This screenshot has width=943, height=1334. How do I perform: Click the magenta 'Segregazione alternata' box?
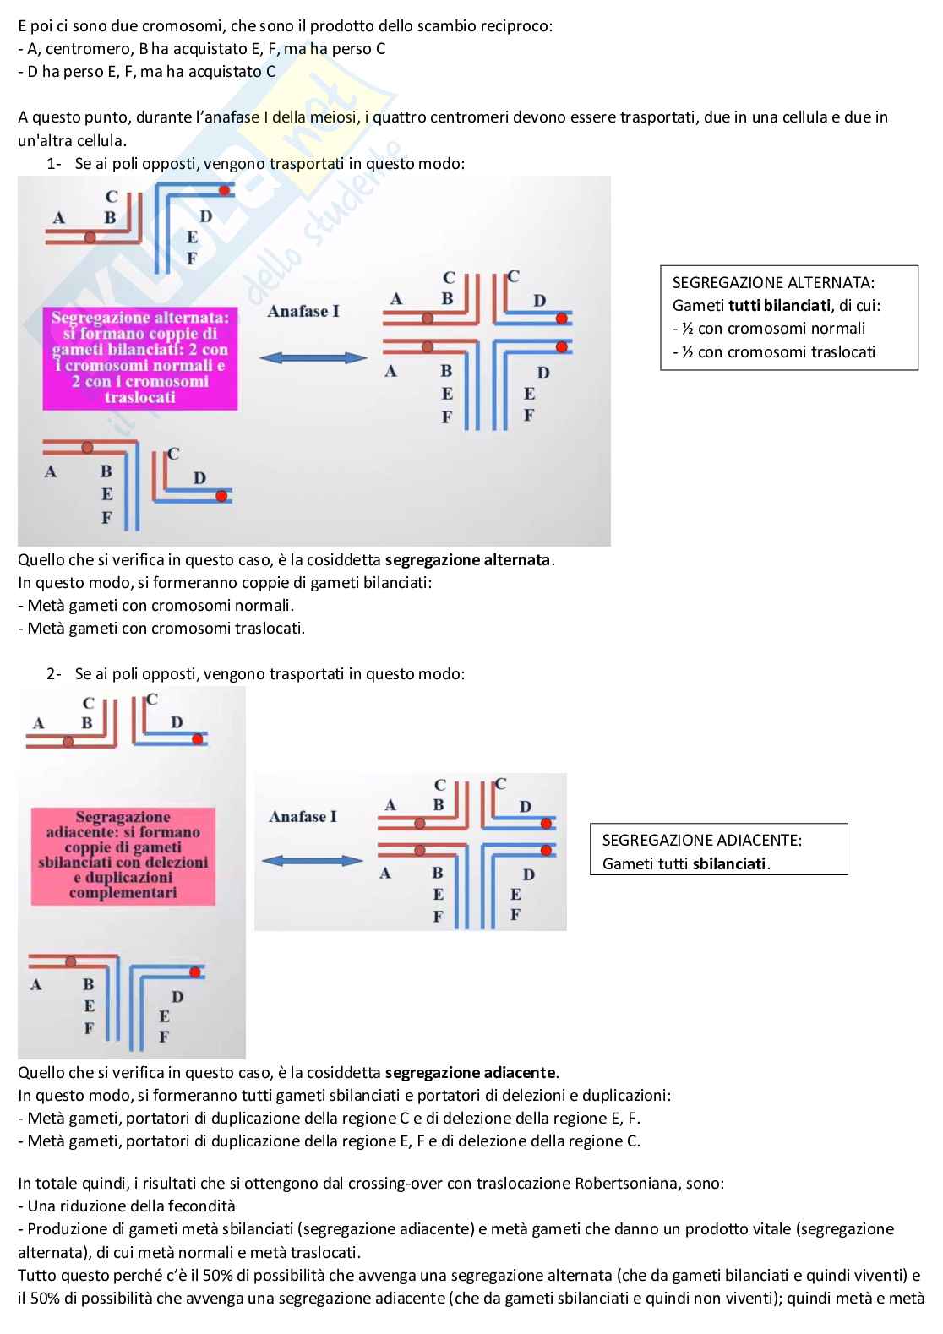pos(140,357)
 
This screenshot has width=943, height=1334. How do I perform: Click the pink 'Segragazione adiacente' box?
pos(123,855)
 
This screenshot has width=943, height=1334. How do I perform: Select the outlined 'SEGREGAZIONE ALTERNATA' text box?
pos(788,318)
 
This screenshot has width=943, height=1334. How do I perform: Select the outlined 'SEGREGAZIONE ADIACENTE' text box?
pos(718,849)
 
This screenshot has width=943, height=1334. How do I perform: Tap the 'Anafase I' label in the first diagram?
pos(303,312)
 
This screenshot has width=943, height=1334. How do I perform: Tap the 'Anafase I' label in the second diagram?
pos(303,817)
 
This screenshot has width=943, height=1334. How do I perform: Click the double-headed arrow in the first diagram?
pos(313,358)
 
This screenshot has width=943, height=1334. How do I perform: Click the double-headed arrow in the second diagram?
pos(313,861)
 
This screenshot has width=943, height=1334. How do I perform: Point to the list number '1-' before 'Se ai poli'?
pos(54,164)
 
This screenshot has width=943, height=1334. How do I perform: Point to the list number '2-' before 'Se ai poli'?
pos(54,674)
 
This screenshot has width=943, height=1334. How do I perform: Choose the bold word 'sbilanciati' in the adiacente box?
pos(729,864)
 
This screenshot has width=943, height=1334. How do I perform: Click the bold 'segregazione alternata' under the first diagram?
pos(467,560)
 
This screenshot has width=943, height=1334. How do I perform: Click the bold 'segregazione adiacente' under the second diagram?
pos(470,1073)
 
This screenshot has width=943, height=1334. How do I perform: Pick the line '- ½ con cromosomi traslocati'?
pos(774,352)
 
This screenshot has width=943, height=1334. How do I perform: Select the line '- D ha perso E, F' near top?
pos(147,72)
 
